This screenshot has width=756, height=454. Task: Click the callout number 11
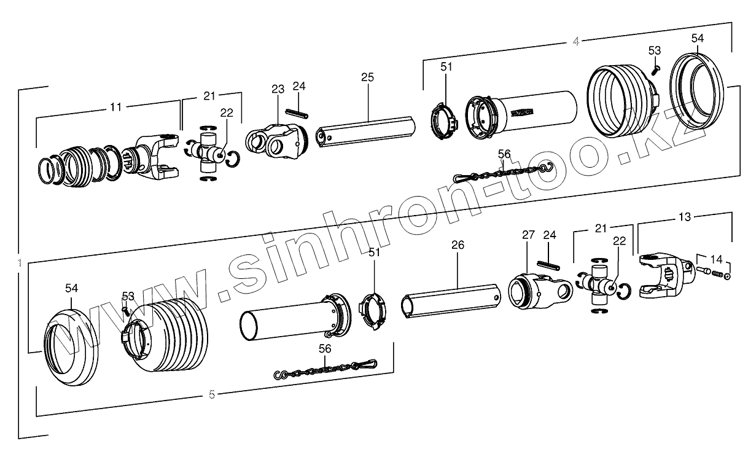click(x=115, y=107)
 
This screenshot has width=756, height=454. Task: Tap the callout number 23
click(x=277, y=90)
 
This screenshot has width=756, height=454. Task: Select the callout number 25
click(x=367, y=77)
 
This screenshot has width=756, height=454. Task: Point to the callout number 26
click(x=458, y=245)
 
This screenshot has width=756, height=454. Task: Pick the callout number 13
click(x=684, y=217)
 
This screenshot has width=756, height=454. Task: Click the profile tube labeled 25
click(x=367, y=128)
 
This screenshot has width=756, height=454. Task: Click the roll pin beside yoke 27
click(x=549, y=264)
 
